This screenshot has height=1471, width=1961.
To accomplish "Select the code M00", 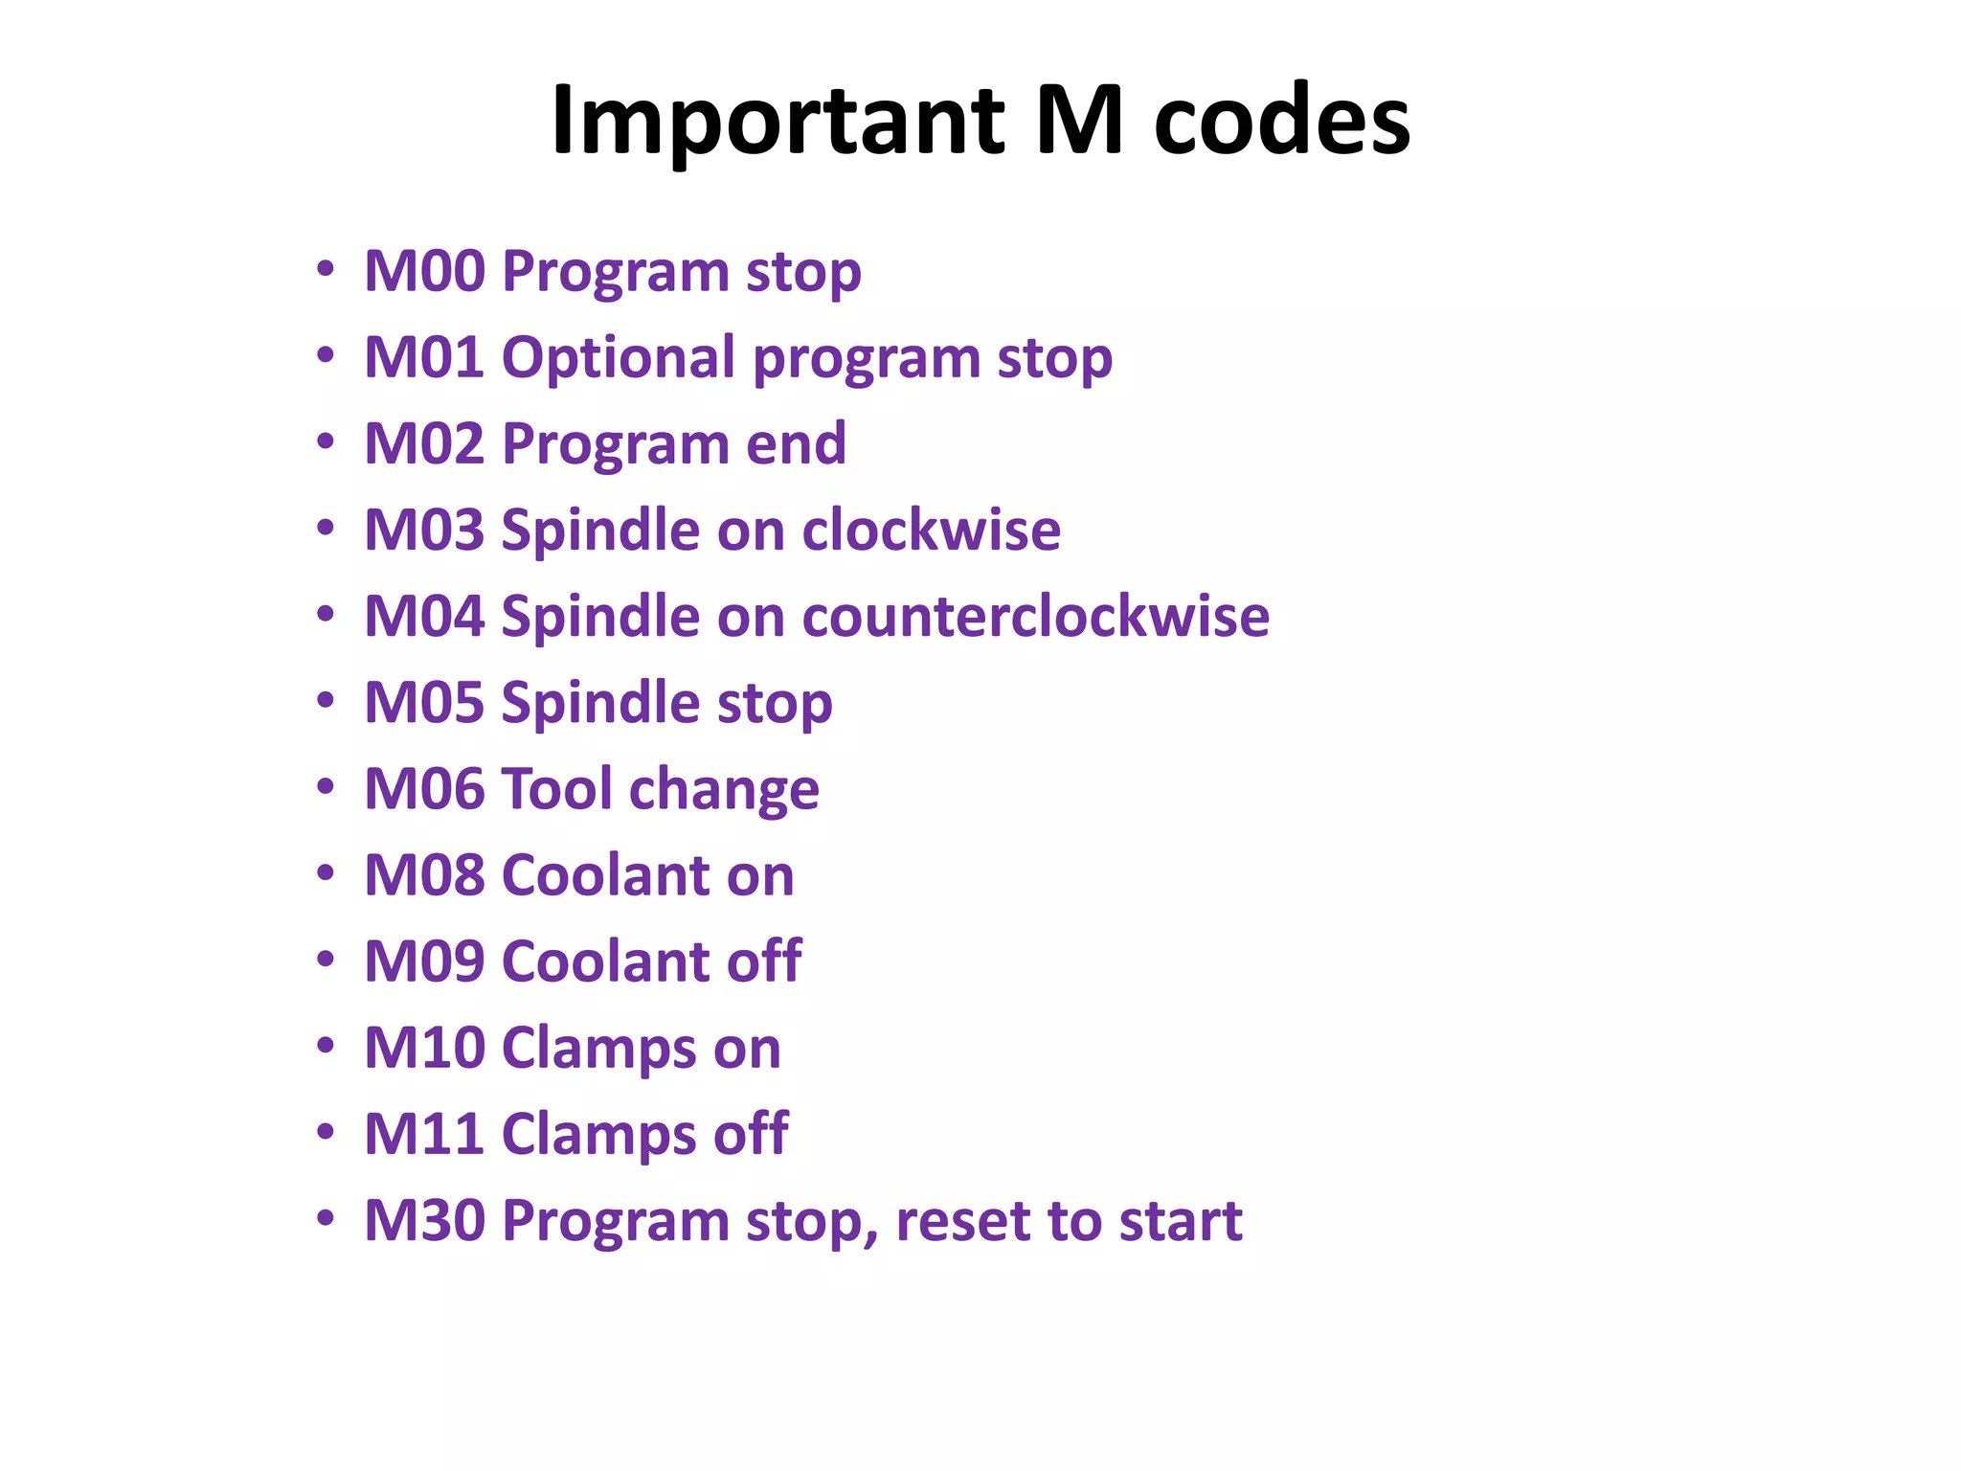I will [x=425, y=271].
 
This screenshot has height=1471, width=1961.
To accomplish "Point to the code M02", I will [x=425, y=443].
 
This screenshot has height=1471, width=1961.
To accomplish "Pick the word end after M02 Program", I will [x=796, y=443].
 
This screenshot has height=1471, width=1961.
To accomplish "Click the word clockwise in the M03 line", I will [x=931, y=530].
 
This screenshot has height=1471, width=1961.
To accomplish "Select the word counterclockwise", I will [x=1035, y=616].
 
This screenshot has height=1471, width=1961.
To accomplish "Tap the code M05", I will [x=425, y=702].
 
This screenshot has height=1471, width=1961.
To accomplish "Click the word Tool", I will [x=556, y=788].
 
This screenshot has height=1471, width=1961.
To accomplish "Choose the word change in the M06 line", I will [x=724, y=788].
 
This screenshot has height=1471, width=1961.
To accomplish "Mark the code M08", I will [x=425, y=874].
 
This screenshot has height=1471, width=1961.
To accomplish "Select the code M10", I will [x=425, y=1047].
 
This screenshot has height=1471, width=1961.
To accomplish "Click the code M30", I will [x=425, y=1220].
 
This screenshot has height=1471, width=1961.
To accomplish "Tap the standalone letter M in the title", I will [x=1079, y=122].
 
